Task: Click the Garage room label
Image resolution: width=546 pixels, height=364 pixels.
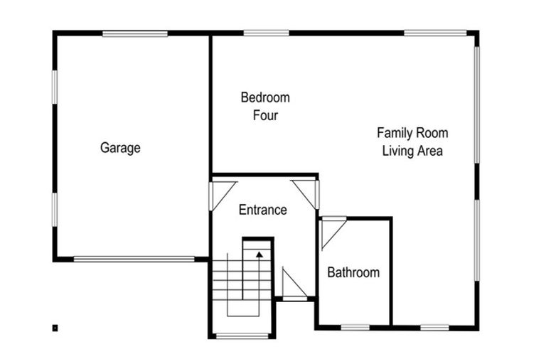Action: (120, 148)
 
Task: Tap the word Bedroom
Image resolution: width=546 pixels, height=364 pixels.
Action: (265, 97)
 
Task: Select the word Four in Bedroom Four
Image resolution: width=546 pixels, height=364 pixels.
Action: (265, 115)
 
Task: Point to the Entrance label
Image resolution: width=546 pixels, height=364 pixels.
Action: (263, 210)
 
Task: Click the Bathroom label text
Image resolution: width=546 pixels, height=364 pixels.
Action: (353, 272)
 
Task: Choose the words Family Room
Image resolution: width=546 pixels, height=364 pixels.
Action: (412, 133)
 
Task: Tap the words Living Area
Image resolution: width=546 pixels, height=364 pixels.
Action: (412, 151)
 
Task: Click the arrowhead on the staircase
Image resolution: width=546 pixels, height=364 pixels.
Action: (259, 252)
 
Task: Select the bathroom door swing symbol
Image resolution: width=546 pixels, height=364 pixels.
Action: (331, 232)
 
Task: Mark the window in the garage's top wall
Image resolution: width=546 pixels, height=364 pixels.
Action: (135, 33)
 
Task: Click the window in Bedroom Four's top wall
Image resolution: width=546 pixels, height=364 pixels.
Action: (267, 33)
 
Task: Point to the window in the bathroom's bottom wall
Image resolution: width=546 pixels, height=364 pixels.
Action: (355, 327)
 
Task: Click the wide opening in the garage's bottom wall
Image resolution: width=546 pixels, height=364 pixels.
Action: (134, 259)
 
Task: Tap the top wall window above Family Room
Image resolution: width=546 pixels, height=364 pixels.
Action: (435, 33)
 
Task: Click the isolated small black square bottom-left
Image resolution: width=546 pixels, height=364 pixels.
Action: (55, 328)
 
